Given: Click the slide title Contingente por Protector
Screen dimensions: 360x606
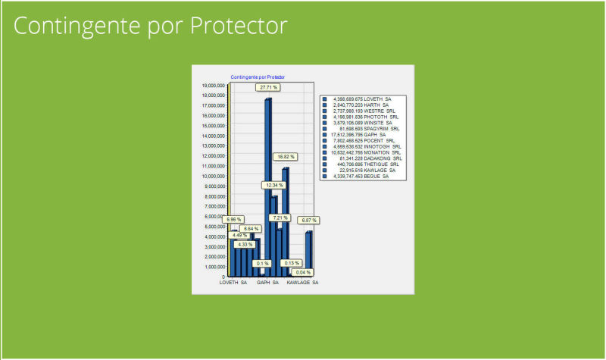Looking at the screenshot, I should click(151, 25).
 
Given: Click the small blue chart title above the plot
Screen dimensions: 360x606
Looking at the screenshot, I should click(258, 77).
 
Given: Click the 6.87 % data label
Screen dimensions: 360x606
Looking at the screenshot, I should click(308, 221).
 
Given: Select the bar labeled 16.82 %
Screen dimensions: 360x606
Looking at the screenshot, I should click(286, 220).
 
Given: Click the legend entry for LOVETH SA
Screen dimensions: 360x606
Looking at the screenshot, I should click(362, 99).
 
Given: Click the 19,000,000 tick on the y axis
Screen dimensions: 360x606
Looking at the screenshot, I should click(214, 86).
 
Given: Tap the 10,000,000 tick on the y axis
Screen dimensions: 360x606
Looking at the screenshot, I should click(214, 176).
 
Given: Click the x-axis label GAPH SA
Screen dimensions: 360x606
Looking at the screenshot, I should click(268, 283).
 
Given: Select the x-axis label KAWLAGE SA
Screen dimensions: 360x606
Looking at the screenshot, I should click(301, 283).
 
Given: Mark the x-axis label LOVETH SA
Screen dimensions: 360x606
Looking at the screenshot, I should click(233, 283).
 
